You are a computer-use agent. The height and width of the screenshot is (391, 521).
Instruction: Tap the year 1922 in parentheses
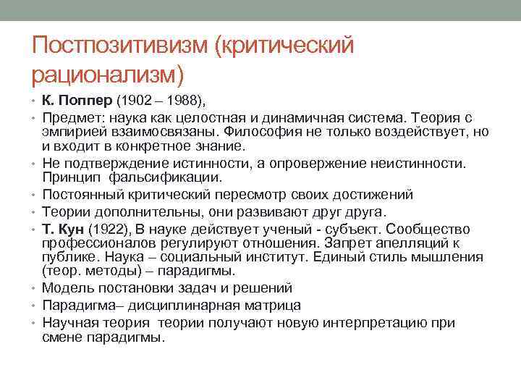tap(108, 229)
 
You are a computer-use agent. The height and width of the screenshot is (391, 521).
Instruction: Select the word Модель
tap(64, 289)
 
